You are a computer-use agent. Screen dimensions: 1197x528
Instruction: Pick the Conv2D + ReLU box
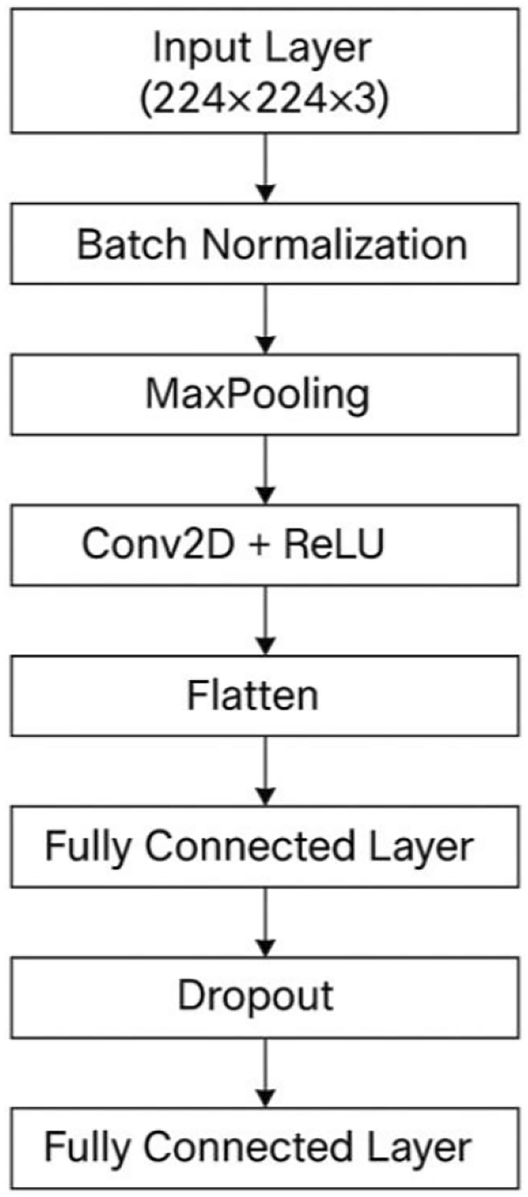click(264, 545)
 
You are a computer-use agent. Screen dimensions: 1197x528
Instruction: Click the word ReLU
click(334, 545)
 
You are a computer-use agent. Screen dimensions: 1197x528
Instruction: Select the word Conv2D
click(138, 545)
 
